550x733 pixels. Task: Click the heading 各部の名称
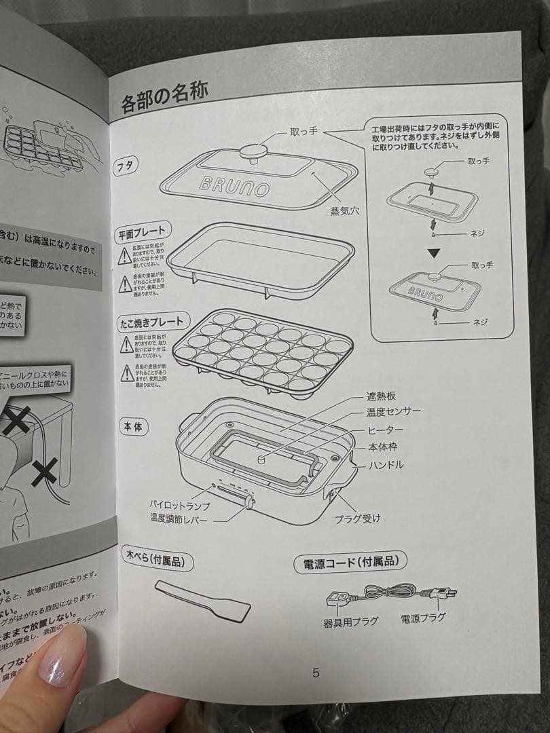[164, 102]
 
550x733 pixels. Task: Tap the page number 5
[316, 673]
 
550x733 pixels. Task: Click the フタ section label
[126, 165]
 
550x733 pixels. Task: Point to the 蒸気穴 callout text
[344, 210]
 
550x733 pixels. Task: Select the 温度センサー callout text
[393, 412]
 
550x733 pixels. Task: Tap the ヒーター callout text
[385, 430]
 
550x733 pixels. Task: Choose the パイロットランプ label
[180, 506]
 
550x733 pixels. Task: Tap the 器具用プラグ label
[350, 620]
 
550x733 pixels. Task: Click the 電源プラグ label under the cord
[423, 618]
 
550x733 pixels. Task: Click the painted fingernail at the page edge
[62, 654]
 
